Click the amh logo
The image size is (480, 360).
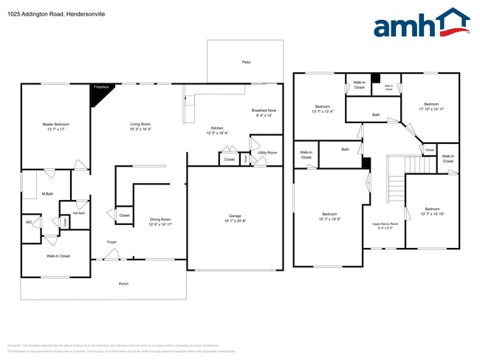[x=420, y=24]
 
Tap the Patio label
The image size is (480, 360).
[x=246, y=62]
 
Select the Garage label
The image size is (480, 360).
[x=234, y=218]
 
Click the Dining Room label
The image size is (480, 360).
[x=160, y=221]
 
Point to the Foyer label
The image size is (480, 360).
[x=112, y=242]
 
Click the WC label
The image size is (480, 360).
[x=29, y=222]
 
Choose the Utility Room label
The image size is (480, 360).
[x=267, y=152]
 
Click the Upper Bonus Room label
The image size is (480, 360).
[x=385, y=224]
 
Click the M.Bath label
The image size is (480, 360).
[x=47, y=194]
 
